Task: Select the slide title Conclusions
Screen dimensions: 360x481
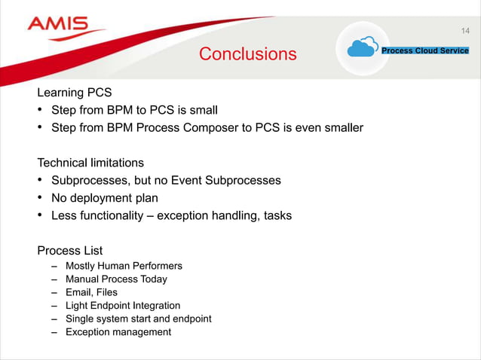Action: (247, 54)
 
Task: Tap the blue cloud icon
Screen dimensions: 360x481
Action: (362, 48)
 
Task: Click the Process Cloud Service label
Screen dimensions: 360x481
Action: (425, 50)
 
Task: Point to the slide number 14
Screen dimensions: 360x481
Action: (465, 31)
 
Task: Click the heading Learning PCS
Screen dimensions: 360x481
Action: (75, 93)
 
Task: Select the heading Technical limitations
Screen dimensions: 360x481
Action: (90, 163)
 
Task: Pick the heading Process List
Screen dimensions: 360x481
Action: (70, 250)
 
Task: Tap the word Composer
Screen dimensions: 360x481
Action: (209, 128)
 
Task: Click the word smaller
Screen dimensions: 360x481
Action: (340, 128)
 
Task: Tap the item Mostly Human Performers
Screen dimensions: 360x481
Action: (124, 266)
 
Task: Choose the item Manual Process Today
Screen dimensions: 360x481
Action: (116, 279)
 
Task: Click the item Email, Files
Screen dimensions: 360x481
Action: (91, 292)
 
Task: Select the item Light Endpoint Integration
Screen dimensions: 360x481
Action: (123, 306)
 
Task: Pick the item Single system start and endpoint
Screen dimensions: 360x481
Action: (138, 319)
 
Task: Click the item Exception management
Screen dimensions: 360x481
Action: (118, 332)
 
